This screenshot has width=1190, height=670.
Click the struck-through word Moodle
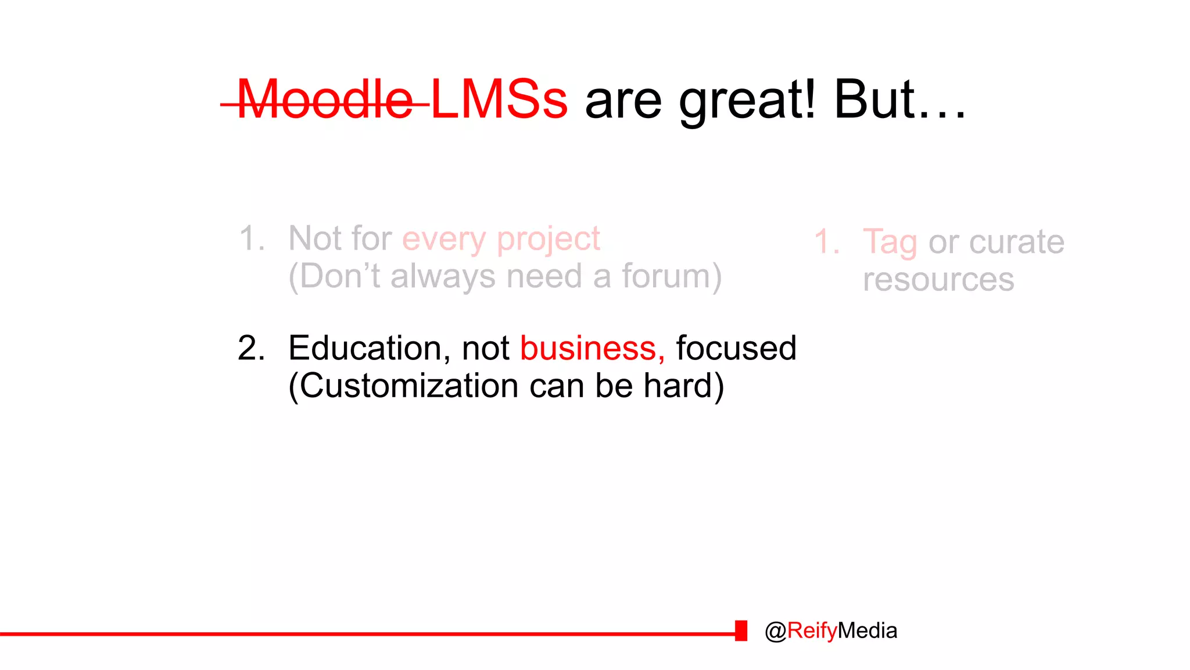(x=325, y=100)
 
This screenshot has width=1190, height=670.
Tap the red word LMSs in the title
(x=499, y=100)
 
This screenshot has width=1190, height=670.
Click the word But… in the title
(x=899, y=100)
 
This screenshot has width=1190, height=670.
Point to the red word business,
(x=592, y=348)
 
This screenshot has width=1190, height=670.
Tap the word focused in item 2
(x=736, y=348)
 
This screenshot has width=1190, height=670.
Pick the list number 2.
(x=251, y=348)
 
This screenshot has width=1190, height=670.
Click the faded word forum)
(x=672, y=276)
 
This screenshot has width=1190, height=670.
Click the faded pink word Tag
(x=890, y=243)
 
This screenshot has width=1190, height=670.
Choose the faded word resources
(x=938, y=280)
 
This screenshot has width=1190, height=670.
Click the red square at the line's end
(x=741, y=631)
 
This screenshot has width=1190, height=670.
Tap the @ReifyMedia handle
(x=831, y=631)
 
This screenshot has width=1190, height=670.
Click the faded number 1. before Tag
(x=826, y=242)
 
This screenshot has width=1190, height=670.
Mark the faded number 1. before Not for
(x=252, y=238)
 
